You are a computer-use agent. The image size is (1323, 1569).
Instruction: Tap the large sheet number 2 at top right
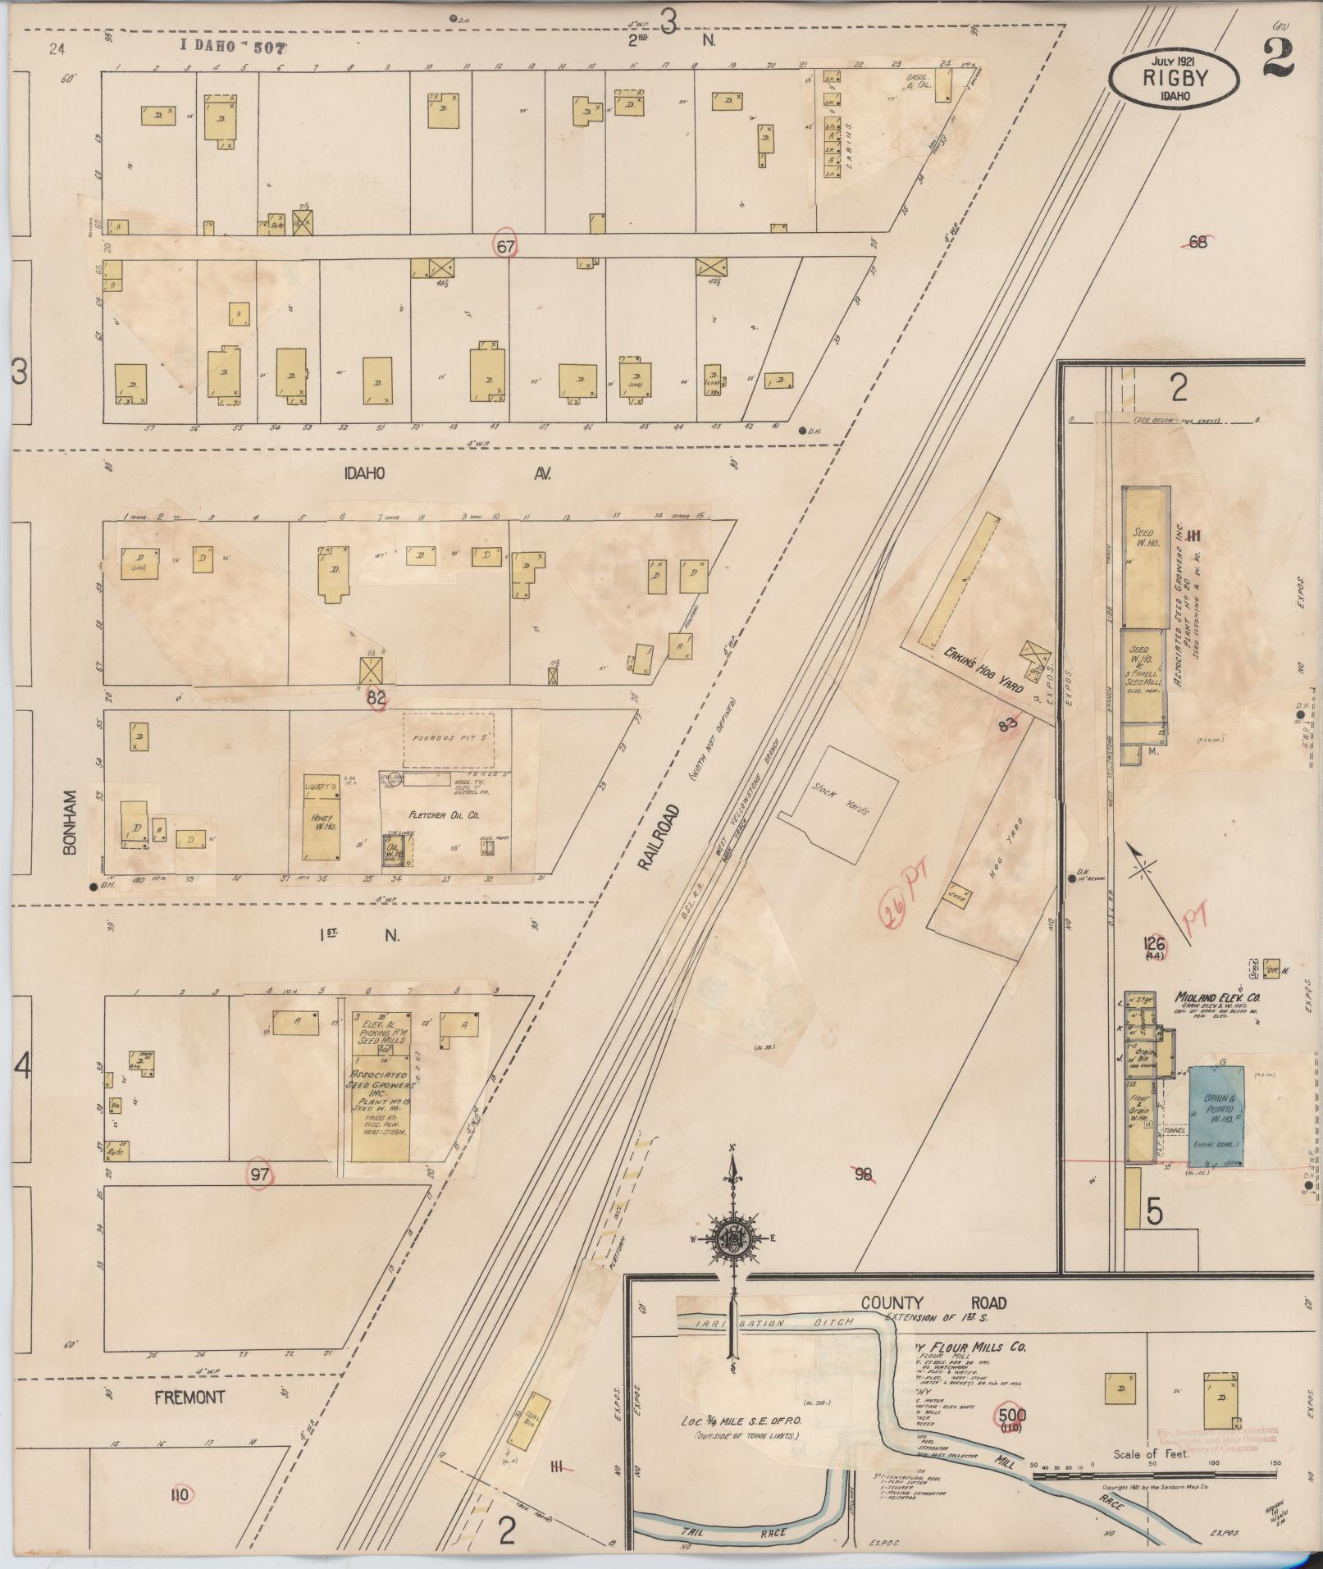pos(1280,58)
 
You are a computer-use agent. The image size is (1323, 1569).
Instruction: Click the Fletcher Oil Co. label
pos(444,816)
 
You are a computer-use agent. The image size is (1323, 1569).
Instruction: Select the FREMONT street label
pos(189,1397)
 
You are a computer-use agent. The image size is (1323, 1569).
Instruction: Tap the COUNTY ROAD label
pos(933,1303)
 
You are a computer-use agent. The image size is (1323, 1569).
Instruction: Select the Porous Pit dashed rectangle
pos(448,741)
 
